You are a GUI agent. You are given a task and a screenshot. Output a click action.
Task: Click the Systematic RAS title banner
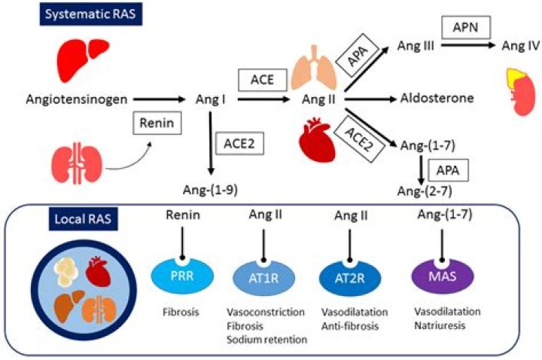pos(90,14)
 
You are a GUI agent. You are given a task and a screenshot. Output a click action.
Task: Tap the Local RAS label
pos(83,218)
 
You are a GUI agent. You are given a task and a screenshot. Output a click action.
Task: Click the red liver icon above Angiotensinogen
pos(83,60)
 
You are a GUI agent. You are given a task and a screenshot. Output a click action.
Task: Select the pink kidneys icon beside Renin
pos(77,163)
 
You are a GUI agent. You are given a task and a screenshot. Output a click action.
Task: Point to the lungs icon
pos(314,68)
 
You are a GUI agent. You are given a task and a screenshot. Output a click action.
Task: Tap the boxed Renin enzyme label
pos(157,123)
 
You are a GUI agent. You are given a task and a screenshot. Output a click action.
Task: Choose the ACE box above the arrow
pos(263,80)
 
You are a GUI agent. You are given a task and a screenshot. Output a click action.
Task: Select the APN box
pos(466,27)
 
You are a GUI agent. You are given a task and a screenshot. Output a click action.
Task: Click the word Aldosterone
pos(437,98)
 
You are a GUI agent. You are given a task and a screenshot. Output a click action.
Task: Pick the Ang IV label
pos(521,45)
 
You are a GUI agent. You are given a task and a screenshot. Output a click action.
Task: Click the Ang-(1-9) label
pos(210,190)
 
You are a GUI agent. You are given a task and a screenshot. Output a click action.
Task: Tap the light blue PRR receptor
pos(182,276)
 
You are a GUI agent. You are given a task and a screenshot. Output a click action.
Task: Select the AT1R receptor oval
pos(263,277)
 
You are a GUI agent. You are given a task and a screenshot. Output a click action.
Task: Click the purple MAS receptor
pos(443,276)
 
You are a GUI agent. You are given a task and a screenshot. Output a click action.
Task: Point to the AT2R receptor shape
pos(350,278)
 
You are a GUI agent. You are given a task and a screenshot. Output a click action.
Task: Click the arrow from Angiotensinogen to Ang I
pos(160,99)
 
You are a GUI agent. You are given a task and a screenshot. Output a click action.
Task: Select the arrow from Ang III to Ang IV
pos(468,45)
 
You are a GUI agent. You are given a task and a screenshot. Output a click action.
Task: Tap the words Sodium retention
pos(266,340)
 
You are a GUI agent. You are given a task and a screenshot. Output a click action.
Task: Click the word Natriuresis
pos(440,325)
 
